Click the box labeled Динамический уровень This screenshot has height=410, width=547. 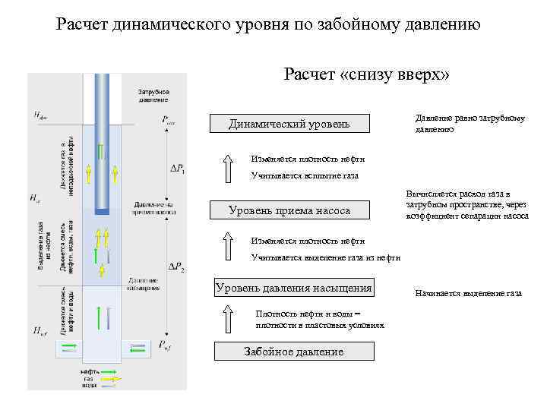point(289,124)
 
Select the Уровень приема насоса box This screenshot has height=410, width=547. point(289,210)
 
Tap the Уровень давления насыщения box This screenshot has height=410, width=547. point(294,288)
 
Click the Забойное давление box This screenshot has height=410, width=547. point(294,352)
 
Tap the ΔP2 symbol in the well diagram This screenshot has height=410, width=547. point(176,267)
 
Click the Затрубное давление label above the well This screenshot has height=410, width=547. point(153,95)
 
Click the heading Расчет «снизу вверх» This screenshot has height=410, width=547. point(367,74)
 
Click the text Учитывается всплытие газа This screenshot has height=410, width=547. point(304,175)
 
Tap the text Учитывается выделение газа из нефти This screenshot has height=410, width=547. point(326,257)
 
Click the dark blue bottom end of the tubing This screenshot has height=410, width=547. point(101,210)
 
